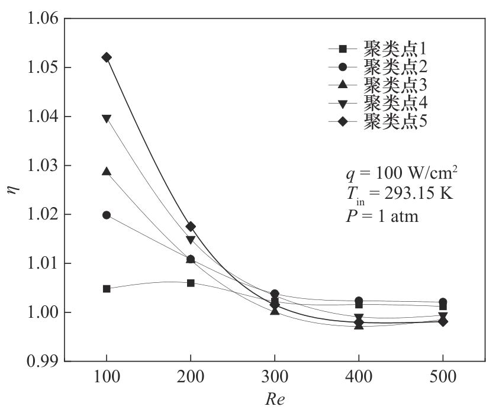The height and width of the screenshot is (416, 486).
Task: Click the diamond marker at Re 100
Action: (107, 57)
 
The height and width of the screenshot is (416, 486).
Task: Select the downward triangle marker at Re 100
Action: (107, 118)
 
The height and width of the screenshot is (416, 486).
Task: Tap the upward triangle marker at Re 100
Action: (107, 172)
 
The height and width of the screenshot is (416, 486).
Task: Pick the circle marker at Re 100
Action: (107, 215)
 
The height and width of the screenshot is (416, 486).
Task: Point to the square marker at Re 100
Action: (107, 289)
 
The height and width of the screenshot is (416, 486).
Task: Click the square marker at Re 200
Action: (191, 283)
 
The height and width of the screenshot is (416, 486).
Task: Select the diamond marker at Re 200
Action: (191, 227)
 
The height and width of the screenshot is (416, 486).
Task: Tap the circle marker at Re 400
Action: (359, 301)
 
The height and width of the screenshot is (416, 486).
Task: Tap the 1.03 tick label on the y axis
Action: (43, 166)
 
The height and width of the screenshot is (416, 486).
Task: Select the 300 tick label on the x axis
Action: (275, 378)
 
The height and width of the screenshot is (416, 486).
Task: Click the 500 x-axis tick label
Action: (443, 378)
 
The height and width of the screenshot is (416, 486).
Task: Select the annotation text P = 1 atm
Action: (382, 217)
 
